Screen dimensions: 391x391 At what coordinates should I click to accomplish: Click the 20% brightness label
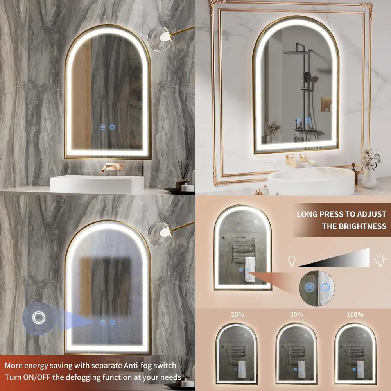point(237,314)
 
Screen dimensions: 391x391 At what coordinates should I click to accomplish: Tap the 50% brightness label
point(296,314)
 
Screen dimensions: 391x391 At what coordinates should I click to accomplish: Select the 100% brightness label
point(355,314)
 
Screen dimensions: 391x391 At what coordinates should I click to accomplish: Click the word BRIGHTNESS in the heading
point(354,226)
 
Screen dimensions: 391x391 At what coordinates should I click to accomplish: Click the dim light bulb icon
point(291,261)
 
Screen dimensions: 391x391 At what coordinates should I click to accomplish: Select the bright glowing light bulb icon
point(380,260)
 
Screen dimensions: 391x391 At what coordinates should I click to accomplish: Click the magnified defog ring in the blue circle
point(38,317)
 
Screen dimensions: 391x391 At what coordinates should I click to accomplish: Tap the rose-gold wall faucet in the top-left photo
point(112,166)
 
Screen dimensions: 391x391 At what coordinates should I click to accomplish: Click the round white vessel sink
point(311,181)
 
